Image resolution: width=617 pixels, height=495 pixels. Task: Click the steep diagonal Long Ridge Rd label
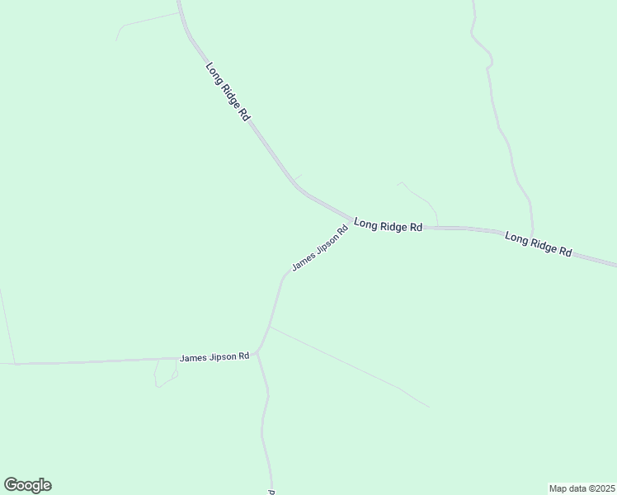(x=228, y=92)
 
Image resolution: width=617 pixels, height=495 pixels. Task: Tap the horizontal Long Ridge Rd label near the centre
(x=388, y=225)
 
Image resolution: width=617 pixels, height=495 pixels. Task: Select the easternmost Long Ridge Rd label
(x=539, y=244)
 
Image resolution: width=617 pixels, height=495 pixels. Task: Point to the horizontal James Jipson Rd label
(x=214, y=357)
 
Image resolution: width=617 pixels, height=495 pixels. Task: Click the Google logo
(x=27, y=485)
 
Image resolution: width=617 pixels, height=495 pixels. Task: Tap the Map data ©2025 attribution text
(x=581, y=488)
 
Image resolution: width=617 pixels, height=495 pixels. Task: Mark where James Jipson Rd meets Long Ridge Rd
(x=350, y=219)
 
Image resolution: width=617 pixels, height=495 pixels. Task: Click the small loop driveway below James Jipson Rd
(x=165, y=375)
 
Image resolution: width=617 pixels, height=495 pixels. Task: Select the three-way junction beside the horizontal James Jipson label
(x=257, y=353)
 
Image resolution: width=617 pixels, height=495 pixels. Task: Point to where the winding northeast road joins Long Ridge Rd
(x=533, y=233)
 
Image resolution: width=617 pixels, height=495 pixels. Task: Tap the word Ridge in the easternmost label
(x=542, y=245)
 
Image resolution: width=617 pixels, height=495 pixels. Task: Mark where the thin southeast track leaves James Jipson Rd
(x=271, y=327)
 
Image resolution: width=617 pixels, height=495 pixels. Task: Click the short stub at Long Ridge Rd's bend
(x=296, y=177)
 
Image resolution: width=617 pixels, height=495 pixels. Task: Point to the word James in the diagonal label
(x=303, y=262)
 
